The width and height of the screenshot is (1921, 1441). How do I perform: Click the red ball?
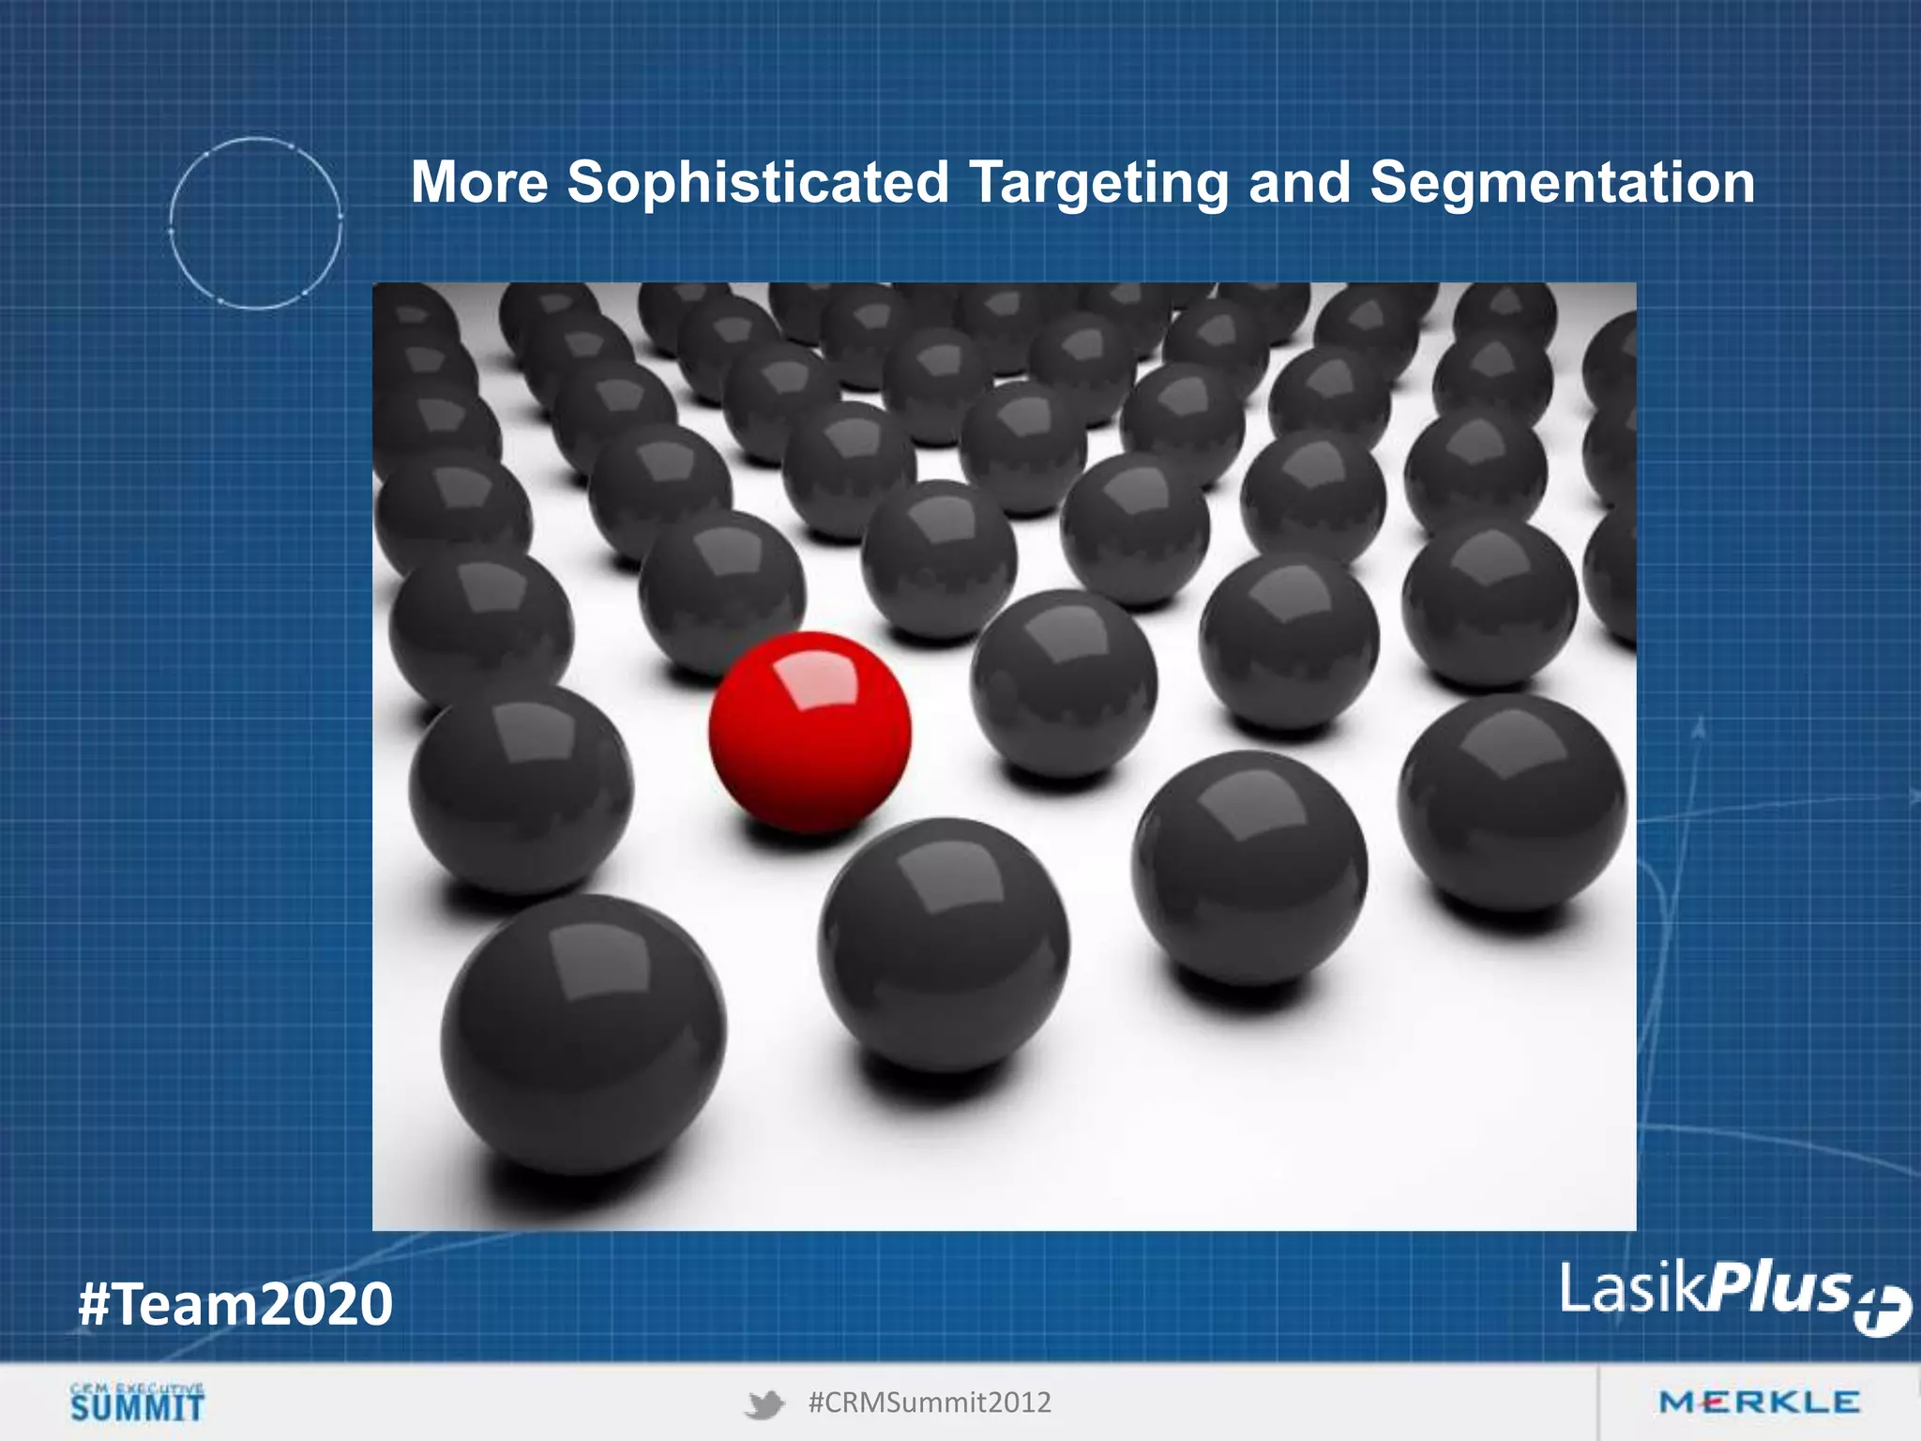809,733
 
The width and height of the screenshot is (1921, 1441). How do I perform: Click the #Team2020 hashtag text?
235,1304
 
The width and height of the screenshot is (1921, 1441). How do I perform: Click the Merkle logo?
1759,1403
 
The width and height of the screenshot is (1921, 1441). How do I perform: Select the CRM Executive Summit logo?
137,1402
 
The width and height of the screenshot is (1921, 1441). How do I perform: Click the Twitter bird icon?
764,1404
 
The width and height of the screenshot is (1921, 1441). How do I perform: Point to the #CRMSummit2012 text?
930,1403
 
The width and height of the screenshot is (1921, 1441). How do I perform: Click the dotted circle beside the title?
255,223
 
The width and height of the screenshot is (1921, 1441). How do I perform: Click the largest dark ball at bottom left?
583,1035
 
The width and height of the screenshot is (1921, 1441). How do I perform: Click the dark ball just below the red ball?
943,946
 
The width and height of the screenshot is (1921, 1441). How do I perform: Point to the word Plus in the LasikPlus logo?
1778,1287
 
